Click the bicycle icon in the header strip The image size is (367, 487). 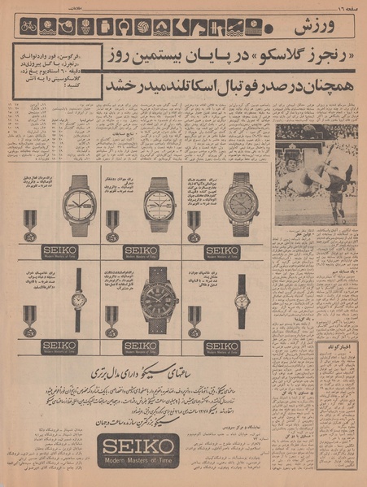click(28, 27)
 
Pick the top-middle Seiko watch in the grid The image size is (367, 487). click(159, 204)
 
